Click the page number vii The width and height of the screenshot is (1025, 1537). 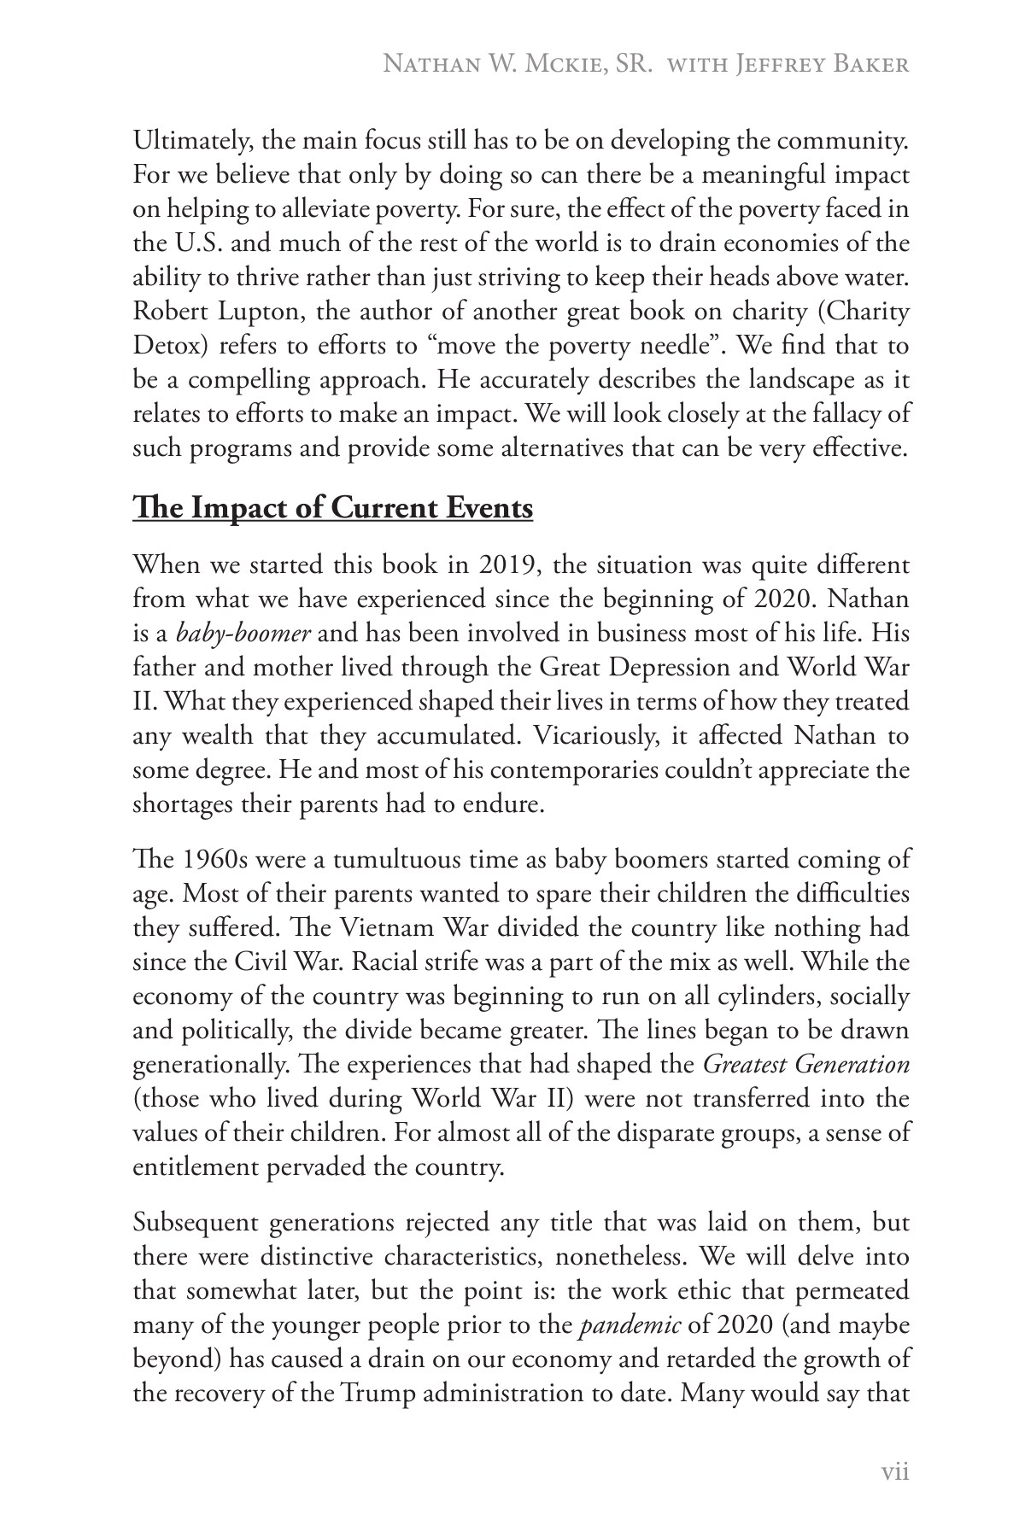pos(894,1471)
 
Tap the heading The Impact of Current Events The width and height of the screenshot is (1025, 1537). pos(333,508)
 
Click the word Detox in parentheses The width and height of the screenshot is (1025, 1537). pos(161,346)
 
